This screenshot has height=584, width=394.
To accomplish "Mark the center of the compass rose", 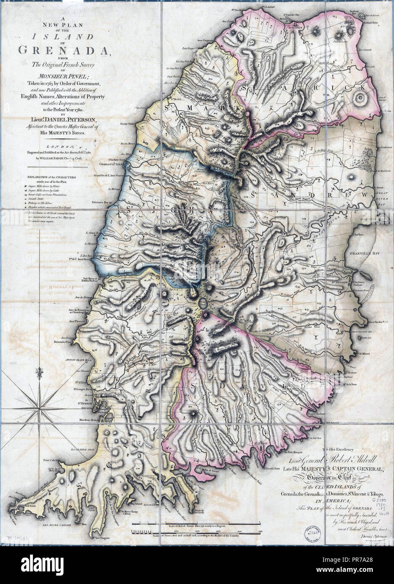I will [41, 406].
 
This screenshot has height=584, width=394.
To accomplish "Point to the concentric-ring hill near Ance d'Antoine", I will [360, 100].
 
